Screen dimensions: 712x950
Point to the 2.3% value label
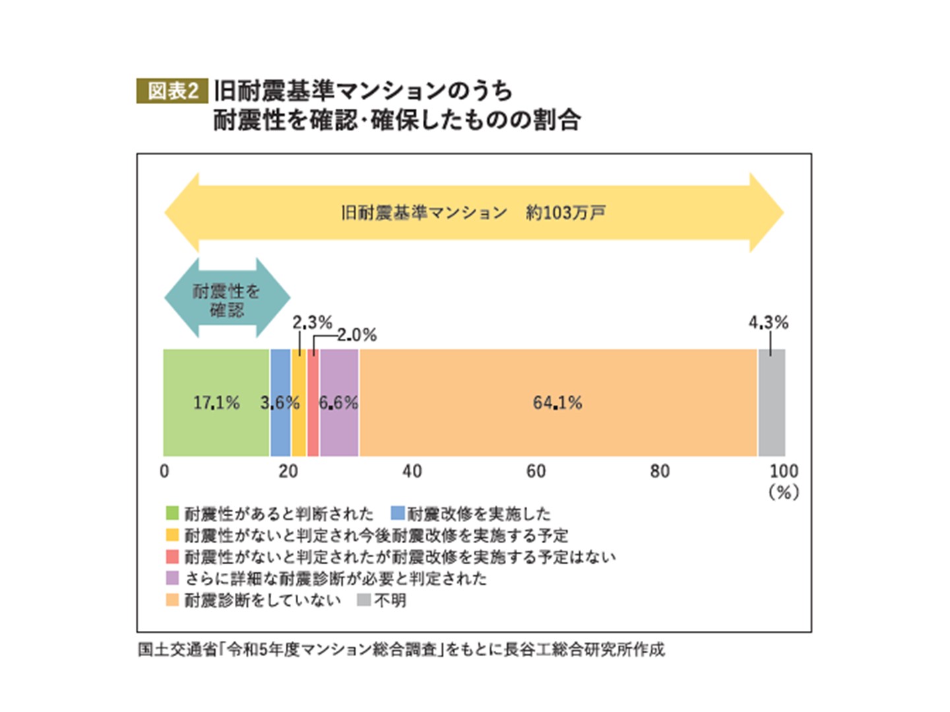312,322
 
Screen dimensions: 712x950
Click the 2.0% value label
357,335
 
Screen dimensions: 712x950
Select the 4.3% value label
769,322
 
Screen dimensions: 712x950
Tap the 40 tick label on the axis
412,471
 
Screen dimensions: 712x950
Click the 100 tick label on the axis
784,471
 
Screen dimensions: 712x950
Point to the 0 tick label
164,471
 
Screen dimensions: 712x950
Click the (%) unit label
784,492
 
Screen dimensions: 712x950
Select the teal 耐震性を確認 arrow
227,299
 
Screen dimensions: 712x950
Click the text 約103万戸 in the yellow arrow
565,213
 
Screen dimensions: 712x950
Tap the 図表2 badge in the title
172,91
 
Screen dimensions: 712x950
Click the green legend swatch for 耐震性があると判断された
172,513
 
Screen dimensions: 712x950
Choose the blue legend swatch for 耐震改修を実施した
397,513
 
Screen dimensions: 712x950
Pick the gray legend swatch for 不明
364,600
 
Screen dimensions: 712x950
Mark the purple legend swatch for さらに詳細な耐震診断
172,578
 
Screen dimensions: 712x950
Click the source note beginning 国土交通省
401,650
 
